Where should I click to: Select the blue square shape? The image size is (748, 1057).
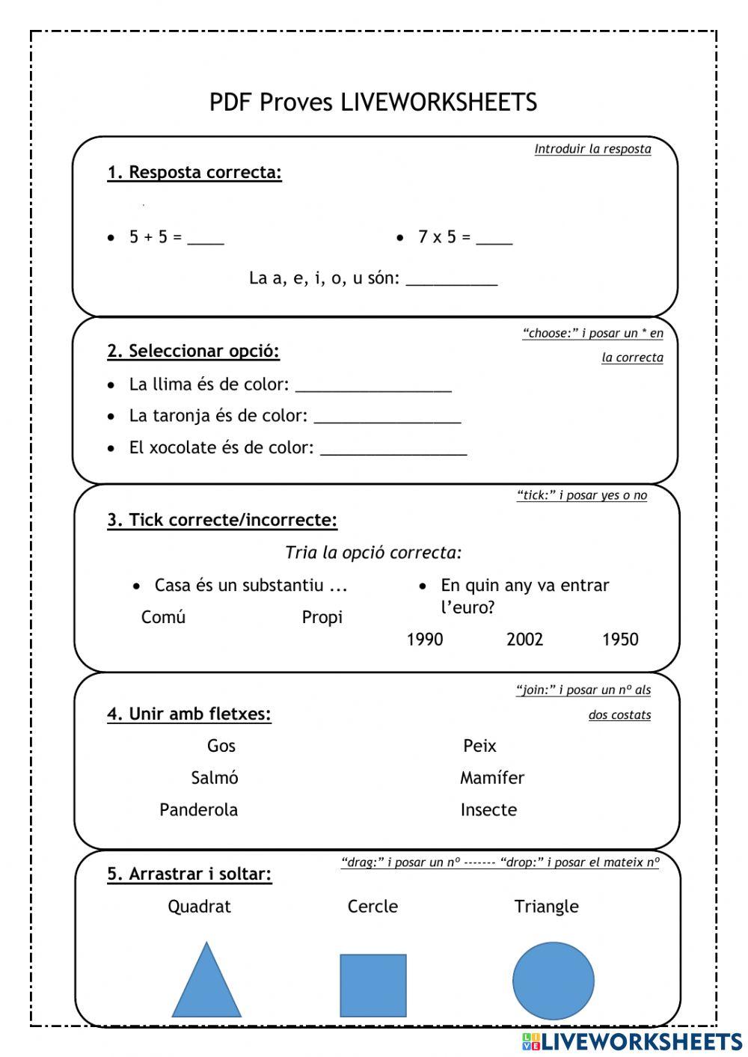373,985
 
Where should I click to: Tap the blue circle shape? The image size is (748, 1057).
554,981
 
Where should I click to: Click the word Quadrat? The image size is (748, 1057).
199,907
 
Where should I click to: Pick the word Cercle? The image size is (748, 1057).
373,907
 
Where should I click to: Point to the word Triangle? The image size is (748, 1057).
546,907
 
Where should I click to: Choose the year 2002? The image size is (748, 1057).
524,640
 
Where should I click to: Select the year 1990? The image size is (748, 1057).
425,640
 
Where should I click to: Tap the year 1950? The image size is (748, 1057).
620,640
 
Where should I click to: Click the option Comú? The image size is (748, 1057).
163,617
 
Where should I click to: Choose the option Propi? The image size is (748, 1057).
322,617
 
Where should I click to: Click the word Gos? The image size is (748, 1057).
221,746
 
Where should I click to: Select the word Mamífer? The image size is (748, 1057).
491,778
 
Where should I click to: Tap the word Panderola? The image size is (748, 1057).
198,810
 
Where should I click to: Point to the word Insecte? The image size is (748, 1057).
488,810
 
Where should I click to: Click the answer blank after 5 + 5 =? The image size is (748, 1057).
206,238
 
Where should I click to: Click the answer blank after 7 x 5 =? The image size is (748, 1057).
494,238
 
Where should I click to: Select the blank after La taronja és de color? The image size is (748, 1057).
387,417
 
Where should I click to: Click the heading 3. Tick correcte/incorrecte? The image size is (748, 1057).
222,520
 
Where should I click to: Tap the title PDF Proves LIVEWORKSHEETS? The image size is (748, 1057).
373,102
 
